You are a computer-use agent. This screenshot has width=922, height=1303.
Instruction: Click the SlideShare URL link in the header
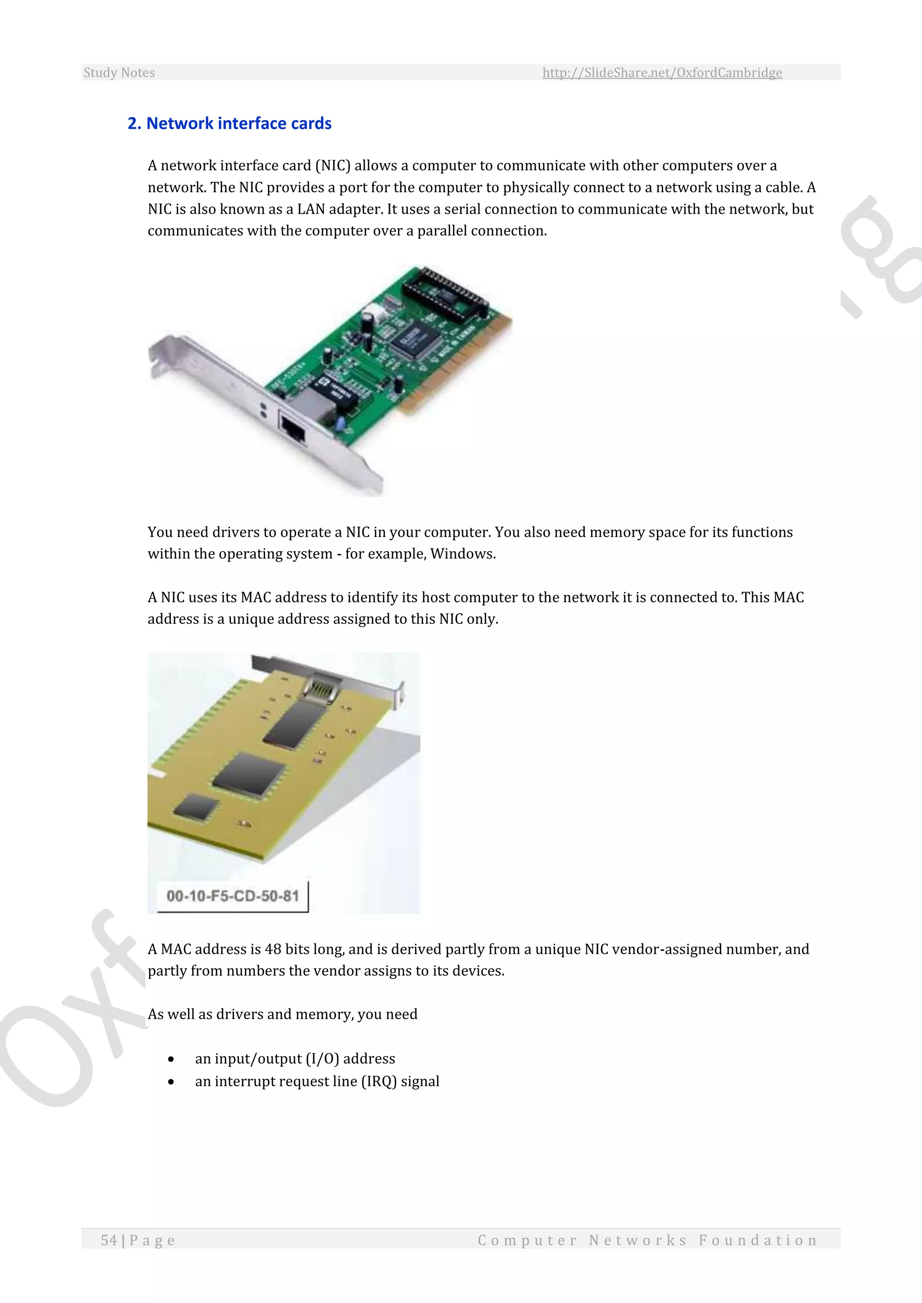662,72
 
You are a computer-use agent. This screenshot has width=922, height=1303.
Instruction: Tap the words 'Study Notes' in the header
119,72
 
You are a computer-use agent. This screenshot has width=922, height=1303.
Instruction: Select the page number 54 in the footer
109,1240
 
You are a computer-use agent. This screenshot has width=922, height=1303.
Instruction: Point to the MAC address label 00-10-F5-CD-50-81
232,895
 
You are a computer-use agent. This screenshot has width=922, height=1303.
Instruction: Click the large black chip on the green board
413,338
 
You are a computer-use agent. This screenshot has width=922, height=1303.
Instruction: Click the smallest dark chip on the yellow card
196,807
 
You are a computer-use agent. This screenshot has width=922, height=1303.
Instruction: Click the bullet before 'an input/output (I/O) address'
171,1059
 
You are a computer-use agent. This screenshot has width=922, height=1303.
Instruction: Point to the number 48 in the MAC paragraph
273,949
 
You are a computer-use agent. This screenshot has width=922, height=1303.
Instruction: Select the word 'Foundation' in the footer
758,1240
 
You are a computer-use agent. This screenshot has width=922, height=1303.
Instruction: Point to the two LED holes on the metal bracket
263,410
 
